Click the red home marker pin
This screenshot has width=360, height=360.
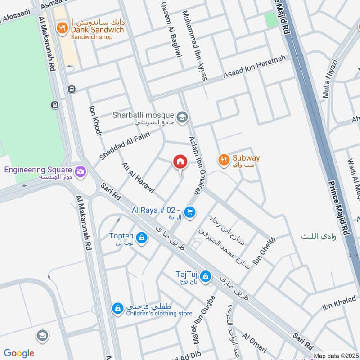point(180,162)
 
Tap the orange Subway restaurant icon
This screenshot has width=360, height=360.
point(223,159)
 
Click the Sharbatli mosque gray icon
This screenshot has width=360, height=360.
point(182,118)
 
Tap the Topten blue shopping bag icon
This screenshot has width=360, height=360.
point(142,238)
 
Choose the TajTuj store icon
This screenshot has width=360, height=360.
point(206,275)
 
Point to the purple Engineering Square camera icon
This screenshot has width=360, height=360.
point(81,171)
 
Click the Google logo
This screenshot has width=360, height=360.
point(19,353)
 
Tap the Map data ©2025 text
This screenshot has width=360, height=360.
point(336,355)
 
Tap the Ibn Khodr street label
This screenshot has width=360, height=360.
point(95,120)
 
